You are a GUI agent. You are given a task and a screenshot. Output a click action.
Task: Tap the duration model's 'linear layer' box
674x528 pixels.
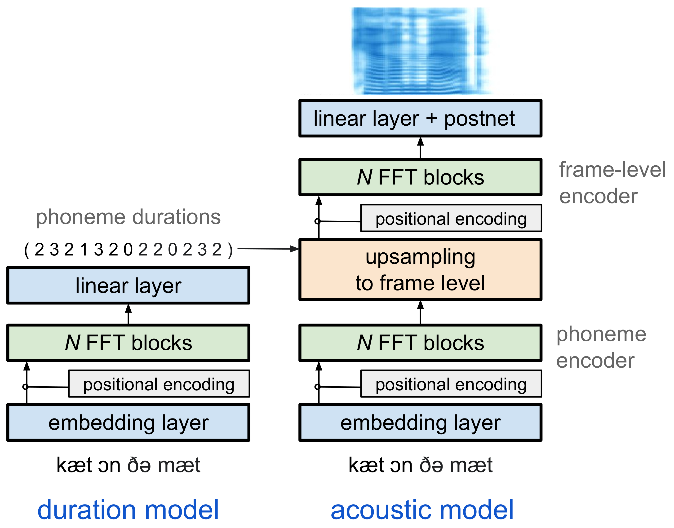(128, 285)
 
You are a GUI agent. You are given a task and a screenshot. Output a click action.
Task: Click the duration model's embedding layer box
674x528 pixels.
(128, 422)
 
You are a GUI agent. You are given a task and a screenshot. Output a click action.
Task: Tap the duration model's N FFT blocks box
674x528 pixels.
(128, 343)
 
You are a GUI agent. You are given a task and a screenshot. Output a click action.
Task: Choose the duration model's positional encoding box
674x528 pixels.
(159, 384)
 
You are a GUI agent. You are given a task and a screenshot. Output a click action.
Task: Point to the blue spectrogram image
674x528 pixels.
(421, 51)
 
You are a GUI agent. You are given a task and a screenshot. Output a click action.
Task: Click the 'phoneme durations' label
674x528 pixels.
(128, 217)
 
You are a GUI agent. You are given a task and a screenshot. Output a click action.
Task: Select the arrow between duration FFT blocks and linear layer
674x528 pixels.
(128, 314)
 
